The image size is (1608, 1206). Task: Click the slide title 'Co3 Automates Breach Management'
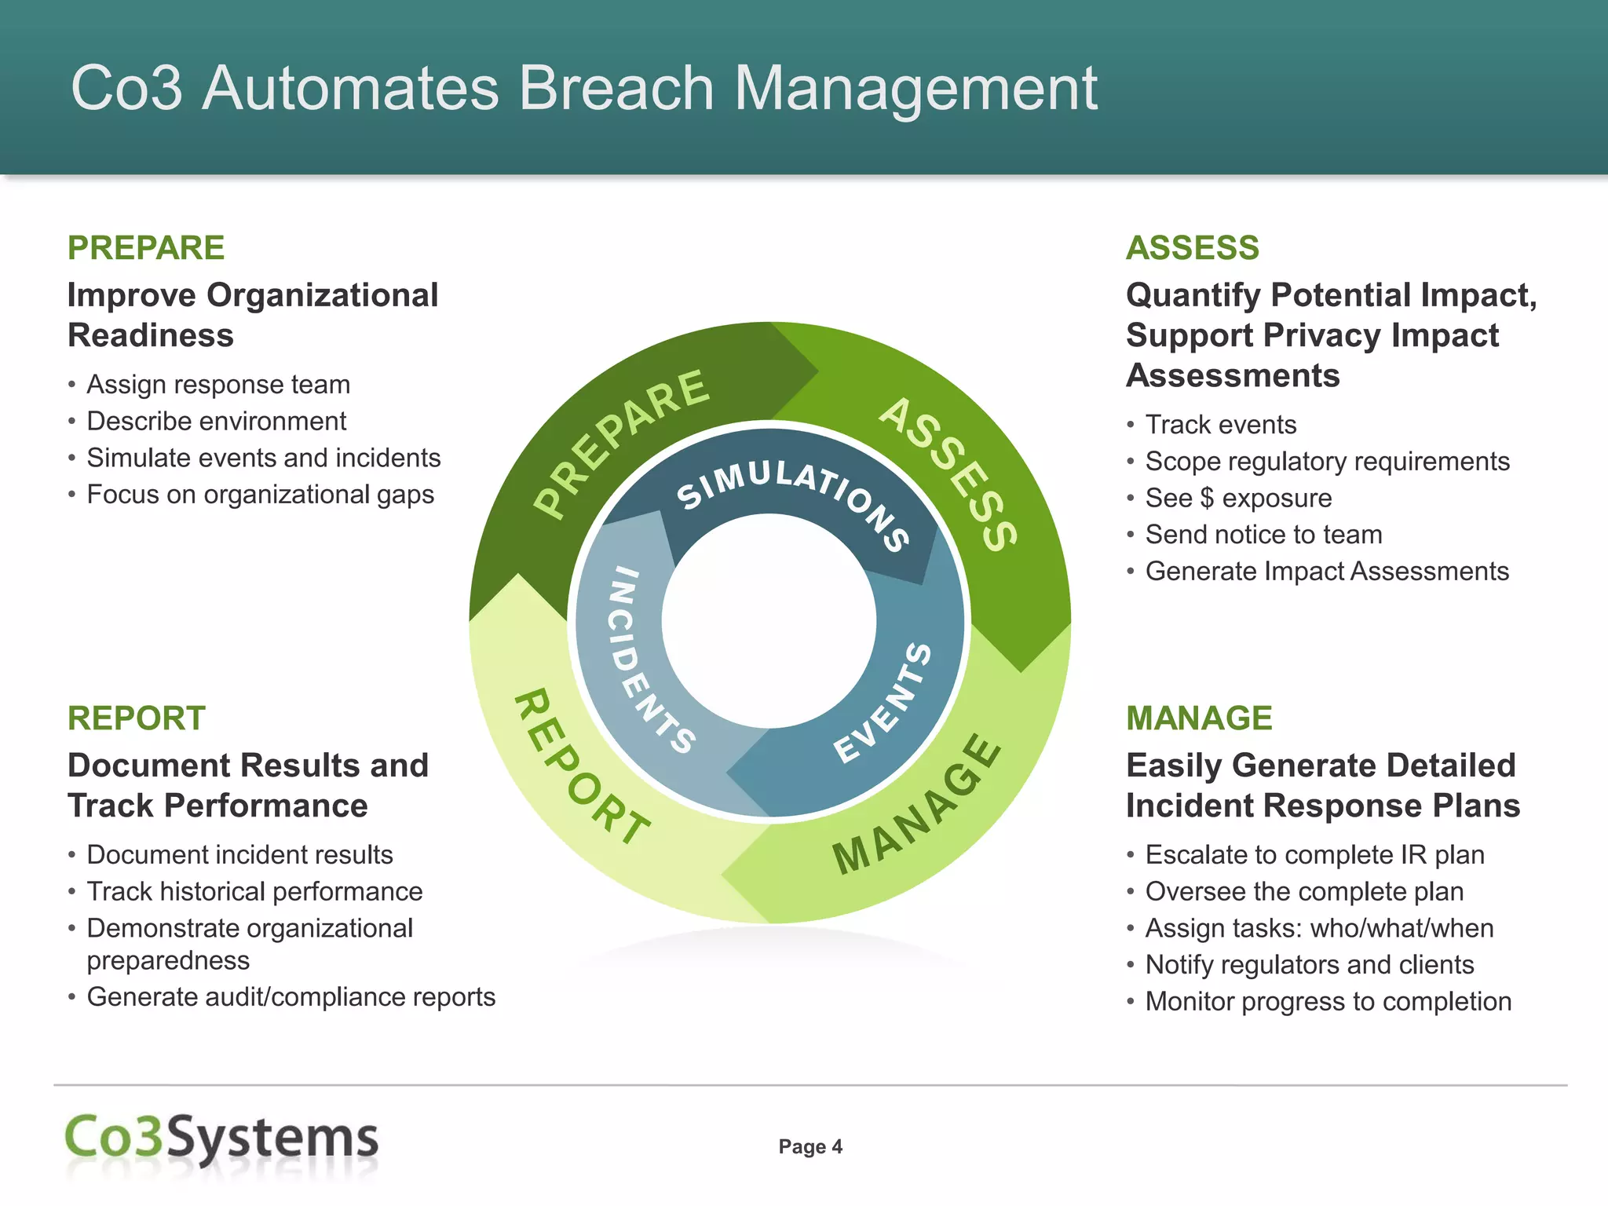[583, 88]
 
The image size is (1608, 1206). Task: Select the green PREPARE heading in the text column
[146, 248]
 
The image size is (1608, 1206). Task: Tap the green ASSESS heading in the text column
[1192, 248]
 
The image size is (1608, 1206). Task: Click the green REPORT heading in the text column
[137, 718]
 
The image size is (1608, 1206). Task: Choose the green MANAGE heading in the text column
[1199, 718]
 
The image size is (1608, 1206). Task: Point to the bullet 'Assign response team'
[218, 385]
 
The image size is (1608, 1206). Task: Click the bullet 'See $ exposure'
[1238, 498]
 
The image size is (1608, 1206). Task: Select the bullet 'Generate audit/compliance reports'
[291, 997]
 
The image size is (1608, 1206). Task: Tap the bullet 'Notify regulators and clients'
[1309, 965]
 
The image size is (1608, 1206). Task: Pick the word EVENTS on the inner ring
[883, 703]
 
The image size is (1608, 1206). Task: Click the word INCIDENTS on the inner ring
[648, 660]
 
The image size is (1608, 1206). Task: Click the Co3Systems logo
[221, 1138]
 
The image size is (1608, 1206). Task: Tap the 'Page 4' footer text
[810, 1147]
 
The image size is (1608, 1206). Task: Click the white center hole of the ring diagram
[769, 620]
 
